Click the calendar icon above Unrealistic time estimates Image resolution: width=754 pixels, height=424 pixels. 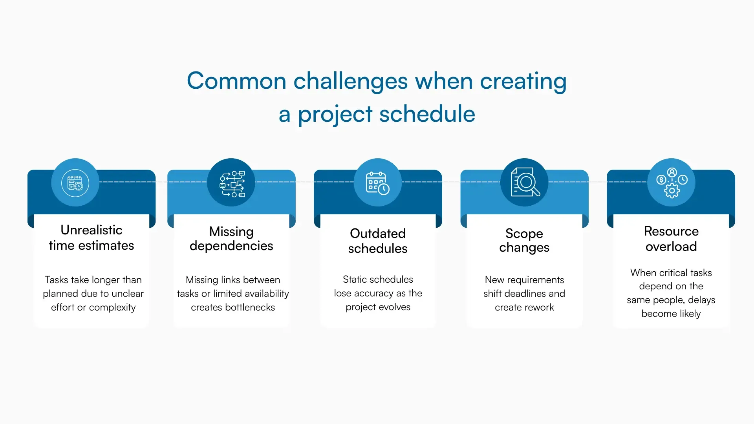click(x=75, y=183)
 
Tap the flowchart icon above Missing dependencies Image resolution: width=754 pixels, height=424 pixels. click(x=232, y=183)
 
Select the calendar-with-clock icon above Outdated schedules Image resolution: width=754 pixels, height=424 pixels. click(x=377, y=183)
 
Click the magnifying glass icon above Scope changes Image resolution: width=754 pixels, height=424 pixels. click(x=525, y=182)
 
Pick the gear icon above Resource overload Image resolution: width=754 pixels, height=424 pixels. click(x=672, y=190)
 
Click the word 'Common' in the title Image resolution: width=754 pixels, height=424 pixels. click(x=236, y=81)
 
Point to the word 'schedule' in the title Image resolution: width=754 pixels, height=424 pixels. click(x=427, y=114)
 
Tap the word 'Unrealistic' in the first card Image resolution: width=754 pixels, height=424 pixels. click(x=91, y=230)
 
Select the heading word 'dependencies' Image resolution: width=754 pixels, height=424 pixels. click(x=231, y=246)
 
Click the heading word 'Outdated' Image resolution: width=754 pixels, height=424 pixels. click(x=377, y=233)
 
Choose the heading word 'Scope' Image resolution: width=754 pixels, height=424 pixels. click(x=524, y=233)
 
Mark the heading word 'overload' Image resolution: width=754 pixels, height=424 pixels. click(x=671, y=247)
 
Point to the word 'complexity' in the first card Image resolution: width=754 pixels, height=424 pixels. click(x=112, y=307)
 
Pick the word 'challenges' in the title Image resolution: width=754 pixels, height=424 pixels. click(x=351, y=81)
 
